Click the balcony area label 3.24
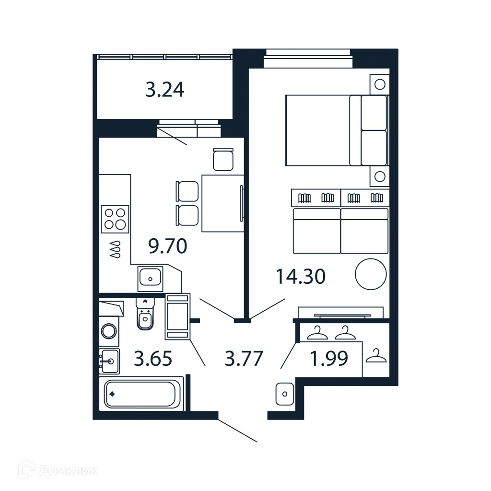tap(164, 90)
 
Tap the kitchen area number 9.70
tap(167, 246)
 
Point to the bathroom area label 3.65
tap(152, 359)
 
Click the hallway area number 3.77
tap(244, 359)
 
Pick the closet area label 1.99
tap(329, 359)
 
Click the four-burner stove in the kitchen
tap(115, 219)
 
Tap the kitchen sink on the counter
tap(151, 278)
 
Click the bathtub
tap(140, 394)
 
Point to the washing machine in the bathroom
tap(109, 331)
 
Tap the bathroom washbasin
tap(110, 361)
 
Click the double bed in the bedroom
tap(335, 130)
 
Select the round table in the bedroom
tap(370, 274)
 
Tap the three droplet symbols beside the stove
tap(115, 250)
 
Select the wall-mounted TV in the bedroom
tap(342, 316)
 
